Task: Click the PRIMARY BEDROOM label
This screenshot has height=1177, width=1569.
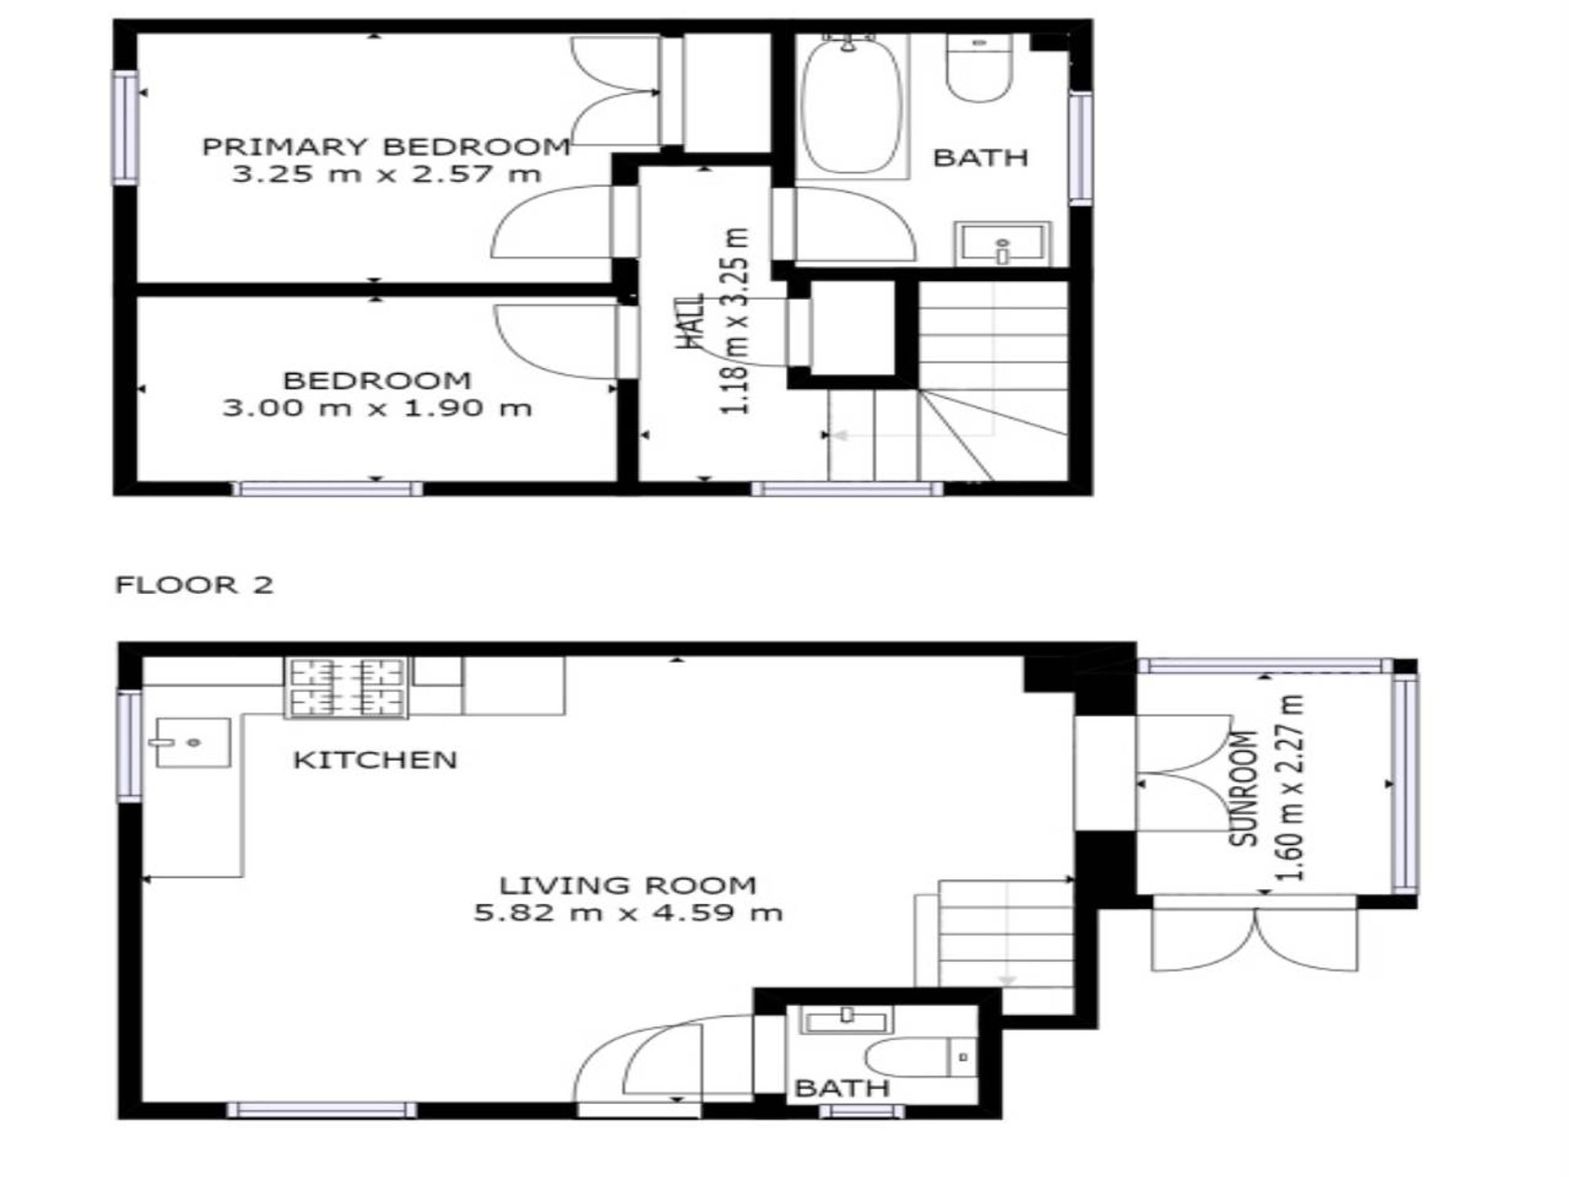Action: [x=385, y=147]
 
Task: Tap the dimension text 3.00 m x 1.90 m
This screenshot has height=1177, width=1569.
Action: [x=377, y=408]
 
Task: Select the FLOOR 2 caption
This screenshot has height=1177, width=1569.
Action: [x=194, y=585]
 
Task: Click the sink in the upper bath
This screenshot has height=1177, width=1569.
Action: [x=1002, y=245]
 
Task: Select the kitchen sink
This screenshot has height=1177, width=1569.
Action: [x=192, y=742]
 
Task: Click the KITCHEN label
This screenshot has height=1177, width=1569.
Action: [x=374, y=760]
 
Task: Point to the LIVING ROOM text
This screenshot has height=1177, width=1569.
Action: [x=628, y=885]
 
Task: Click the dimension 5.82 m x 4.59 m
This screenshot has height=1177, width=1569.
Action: [x=628, y=913]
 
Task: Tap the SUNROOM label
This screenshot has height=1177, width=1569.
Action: [x=1243, y=788]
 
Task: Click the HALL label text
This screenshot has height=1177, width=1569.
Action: [x=690, y=322]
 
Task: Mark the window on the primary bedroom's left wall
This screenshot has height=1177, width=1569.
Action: [x=125, y=128]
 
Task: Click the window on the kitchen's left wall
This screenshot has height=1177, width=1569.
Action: [x=129, y=745]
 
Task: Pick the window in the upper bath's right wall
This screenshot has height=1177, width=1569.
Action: [x=1080, y=148]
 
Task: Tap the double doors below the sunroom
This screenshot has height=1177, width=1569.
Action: [x=1254, y=939]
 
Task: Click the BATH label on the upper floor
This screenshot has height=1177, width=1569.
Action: [x=980, y=158]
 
